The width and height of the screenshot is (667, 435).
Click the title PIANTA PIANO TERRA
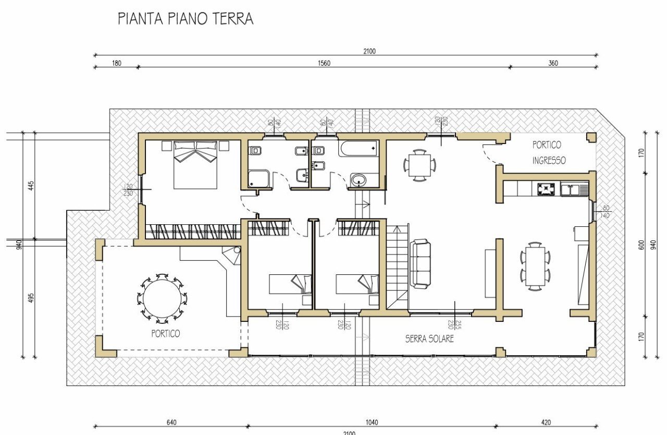point(186,19)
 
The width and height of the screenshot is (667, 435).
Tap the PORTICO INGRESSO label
point(549,152)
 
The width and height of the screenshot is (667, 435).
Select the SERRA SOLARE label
point(429,339)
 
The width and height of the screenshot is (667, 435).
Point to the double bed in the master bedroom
point(195,164)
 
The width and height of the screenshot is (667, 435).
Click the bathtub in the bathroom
point(357,149)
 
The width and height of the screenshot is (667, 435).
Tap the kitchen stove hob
point(546,188)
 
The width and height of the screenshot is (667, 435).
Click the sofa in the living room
point(420,263)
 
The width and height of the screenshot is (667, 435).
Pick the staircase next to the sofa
point(397,266)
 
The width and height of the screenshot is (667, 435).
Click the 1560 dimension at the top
point(324,63)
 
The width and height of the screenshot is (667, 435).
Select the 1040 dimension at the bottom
point(372,422)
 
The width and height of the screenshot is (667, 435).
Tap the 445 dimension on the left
point(31,185)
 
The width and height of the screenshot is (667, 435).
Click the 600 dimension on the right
point(641,244)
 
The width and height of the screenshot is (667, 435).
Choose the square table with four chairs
point(419,165)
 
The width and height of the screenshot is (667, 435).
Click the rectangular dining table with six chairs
point(535,266)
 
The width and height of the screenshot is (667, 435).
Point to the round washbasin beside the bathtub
point(358,180)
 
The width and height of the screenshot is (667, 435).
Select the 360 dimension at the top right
point(553,63)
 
